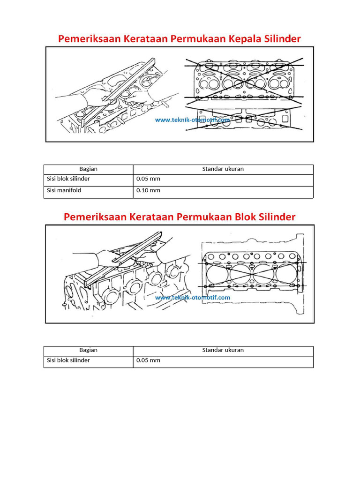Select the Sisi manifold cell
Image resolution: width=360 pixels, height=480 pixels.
[x=64, y=190]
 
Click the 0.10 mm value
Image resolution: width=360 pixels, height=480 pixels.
[x=148, y=190]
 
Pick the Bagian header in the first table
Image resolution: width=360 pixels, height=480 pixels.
[x=88, y=169]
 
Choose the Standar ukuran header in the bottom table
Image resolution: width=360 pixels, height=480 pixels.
[x=223, y=350]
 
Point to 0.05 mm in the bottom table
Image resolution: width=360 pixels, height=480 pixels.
[x=148, y=360]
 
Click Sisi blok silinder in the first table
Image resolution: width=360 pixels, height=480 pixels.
[x=68, y=179]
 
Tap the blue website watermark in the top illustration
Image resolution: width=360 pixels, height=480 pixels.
[x=192, y=120]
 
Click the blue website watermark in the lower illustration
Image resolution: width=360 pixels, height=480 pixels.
[x=192, y=298]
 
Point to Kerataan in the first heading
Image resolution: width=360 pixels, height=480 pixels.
[x=145, y=39]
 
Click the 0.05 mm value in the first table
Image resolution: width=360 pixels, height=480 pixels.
[x=148, y=179]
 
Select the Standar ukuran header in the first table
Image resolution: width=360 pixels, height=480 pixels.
[x=223, y=169]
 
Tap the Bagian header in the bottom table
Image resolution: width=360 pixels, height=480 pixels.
[x=88, y=350]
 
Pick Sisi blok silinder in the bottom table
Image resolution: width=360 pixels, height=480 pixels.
[x=68, y=360]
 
